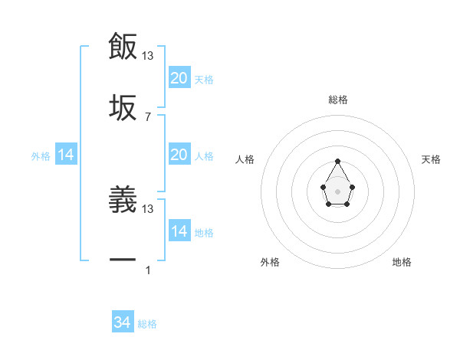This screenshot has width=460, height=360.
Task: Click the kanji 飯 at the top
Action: tap(123, 47)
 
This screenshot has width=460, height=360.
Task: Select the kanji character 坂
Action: tap(123, 108)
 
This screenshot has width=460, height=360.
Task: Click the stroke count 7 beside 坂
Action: tap(148, 116)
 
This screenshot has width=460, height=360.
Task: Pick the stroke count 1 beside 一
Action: tap(148, 270)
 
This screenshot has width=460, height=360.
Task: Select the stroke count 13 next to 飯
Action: tap(148, 55)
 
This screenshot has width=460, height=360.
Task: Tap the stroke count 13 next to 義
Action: tap(148, 208)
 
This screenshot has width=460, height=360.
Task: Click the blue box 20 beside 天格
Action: tap(179, 78)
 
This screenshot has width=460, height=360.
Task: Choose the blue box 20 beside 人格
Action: tap(179, 155)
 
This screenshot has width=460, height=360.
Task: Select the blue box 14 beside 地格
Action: tap(179, 231)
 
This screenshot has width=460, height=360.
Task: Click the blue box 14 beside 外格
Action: tap(66, 155)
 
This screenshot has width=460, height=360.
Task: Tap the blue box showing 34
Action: tap(123, 322)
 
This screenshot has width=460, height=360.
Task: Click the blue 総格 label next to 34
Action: tap(147, 324)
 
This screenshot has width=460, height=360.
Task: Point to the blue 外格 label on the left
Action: tap(41, 156)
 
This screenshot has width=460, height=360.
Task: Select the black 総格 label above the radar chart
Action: tap(338, 100)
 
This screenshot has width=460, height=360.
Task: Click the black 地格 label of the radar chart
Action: tap(402, 262)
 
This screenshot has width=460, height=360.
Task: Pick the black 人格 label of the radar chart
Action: tap(245, 159)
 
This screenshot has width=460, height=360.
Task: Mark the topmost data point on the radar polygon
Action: tap(338, 161)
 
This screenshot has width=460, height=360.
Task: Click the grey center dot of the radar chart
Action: tap(338, 191)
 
